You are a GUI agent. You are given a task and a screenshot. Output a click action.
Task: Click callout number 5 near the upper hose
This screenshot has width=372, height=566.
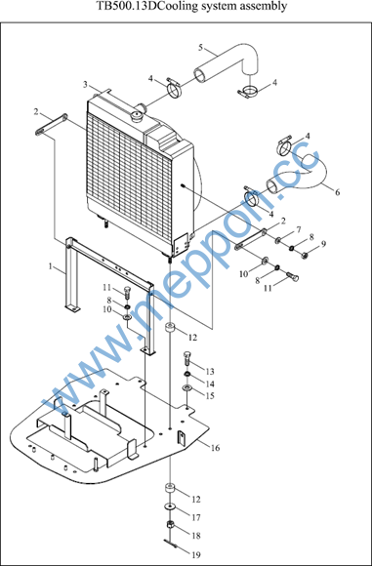coord(201,47)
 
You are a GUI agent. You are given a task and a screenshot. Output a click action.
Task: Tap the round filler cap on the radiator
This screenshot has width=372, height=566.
coord(138,116)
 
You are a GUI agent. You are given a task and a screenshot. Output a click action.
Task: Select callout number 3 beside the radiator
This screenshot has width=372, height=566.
coord(85,85)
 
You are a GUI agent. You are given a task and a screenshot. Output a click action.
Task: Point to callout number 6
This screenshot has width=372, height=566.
coord(337,192)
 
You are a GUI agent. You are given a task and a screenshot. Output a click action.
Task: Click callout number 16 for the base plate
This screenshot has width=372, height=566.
coord(215,448)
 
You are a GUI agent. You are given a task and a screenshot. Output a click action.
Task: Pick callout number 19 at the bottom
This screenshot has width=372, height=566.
coord(196,554)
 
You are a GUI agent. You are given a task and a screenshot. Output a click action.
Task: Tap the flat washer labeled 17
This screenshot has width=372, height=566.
coord(169,506)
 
